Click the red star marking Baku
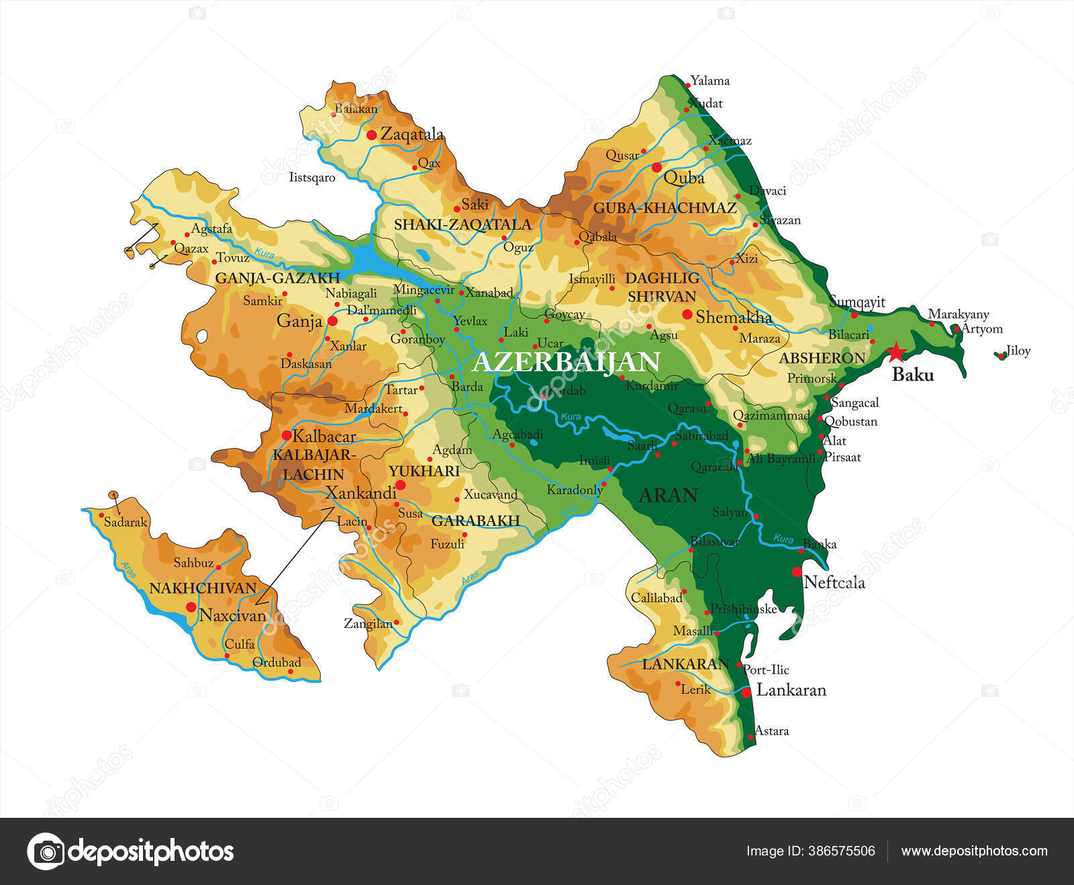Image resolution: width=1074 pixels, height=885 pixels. tap(895, 352)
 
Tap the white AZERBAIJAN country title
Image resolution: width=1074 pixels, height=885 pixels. tap(566, 362)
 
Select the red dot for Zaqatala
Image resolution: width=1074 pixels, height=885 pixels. tap(371, 135)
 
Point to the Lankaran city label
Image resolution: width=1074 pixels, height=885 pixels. tap(791, 690)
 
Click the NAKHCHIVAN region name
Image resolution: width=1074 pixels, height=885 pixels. tap(203, 588)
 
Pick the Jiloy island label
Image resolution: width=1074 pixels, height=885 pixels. tap(1018, 351)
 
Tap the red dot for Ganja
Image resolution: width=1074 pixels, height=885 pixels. tap(332, 321)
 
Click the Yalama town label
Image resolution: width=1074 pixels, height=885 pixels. tap(710, 81)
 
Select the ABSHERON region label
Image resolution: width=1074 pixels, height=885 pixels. tap(822, 359)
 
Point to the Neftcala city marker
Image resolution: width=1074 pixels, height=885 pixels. tap(797, 572)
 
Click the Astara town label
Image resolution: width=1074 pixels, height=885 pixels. tap(771, 731)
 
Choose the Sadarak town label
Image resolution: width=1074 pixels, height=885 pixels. tap(125, 522)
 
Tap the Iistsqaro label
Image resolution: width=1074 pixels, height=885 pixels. tap(311, 178)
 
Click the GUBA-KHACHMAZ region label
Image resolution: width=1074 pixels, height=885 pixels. tap(665, 208)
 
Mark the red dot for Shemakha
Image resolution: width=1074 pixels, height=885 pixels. tap(687, 314)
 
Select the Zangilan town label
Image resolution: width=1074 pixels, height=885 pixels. tap(368, 623)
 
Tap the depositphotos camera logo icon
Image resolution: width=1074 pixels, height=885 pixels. tap(46, 851)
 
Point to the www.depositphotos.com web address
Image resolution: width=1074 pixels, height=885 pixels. tap(974, 851)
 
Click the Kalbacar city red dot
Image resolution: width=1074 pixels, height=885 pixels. tap(286, 435)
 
